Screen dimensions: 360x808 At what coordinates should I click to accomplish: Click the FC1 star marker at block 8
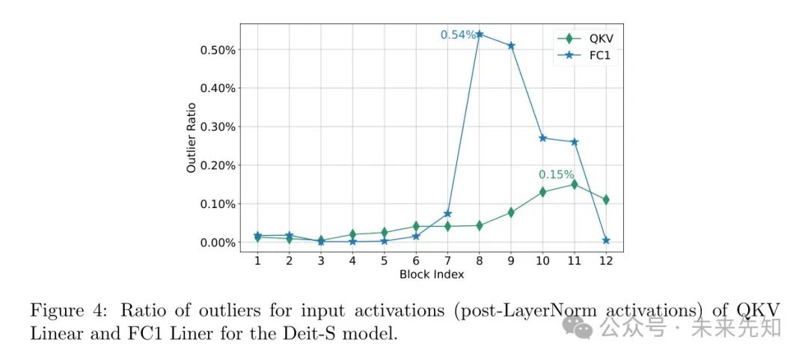tap(480, 34)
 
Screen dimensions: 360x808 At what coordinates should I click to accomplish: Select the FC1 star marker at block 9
tap(511, 46)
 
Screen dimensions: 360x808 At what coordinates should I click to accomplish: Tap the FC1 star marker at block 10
tap(543, 138)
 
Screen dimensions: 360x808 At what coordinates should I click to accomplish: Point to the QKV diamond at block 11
tap(575, 184)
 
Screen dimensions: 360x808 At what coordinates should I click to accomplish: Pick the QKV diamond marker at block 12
tap(606, 200)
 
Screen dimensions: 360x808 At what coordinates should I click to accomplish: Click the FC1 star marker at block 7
tap(447, 214)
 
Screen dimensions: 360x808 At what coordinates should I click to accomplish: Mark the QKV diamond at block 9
tap(511, 213)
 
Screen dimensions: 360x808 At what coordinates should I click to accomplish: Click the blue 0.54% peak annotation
tap(457, 34)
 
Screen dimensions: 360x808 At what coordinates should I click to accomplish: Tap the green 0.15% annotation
tap(557, 174)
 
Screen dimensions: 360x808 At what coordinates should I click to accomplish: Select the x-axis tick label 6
tap(416, 260)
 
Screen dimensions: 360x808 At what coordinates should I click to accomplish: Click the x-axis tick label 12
tap(606, 260)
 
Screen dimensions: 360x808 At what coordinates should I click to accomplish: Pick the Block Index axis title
tap(432, 274)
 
